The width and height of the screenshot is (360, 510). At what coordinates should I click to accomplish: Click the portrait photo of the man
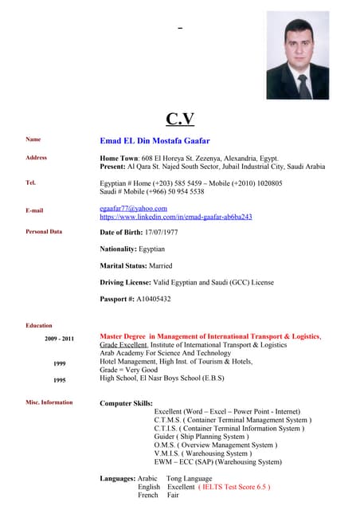tap(297, 60)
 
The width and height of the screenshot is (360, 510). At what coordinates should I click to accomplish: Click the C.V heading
tap(180, 119)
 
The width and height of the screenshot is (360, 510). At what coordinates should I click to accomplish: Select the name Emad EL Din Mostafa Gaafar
tap(155, 140)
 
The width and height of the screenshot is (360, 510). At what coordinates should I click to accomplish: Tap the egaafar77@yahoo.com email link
tap(133, 208)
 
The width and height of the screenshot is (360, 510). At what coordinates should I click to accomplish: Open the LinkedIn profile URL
tap(175, 217)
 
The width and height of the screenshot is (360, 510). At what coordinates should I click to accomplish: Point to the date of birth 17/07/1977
tap(161, 232)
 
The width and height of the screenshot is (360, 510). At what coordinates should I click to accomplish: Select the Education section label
tap(39, 325)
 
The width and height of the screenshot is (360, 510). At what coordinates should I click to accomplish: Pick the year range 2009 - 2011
tap(59, 339)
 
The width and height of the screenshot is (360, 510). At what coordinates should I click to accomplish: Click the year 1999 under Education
tap(59, 363)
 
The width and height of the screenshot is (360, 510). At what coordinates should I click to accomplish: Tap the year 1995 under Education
tap(59, 380)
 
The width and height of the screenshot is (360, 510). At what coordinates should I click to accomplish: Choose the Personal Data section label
tap(44, 232)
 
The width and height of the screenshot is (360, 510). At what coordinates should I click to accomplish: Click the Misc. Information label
tap(49, 402)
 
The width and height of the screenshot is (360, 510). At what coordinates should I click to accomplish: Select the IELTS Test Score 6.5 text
tap(234, 486)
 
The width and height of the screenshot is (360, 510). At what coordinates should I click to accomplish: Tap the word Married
tap(159, 265)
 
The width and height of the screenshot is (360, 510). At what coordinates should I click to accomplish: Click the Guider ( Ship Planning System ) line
tap(201, 437)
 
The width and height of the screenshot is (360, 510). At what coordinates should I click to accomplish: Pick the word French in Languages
tap(148, 495)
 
